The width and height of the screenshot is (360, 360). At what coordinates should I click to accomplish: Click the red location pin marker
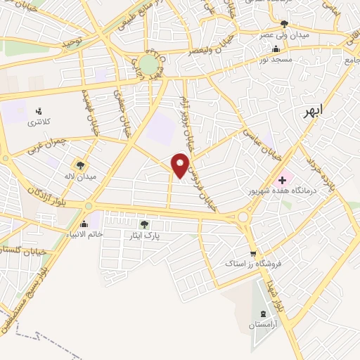click(181, 165)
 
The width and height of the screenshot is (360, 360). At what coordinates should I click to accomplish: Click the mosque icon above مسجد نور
click(276, 49)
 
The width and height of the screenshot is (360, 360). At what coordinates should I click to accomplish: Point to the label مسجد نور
click(276, 60)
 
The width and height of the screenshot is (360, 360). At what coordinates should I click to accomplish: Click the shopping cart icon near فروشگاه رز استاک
click(253, 254)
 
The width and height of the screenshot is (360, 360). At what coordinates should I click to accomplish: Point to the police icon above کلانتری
click(39, 110)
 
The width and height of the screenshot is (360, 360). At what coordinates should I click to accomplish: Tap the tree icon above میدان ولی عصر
click(284, 23)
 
